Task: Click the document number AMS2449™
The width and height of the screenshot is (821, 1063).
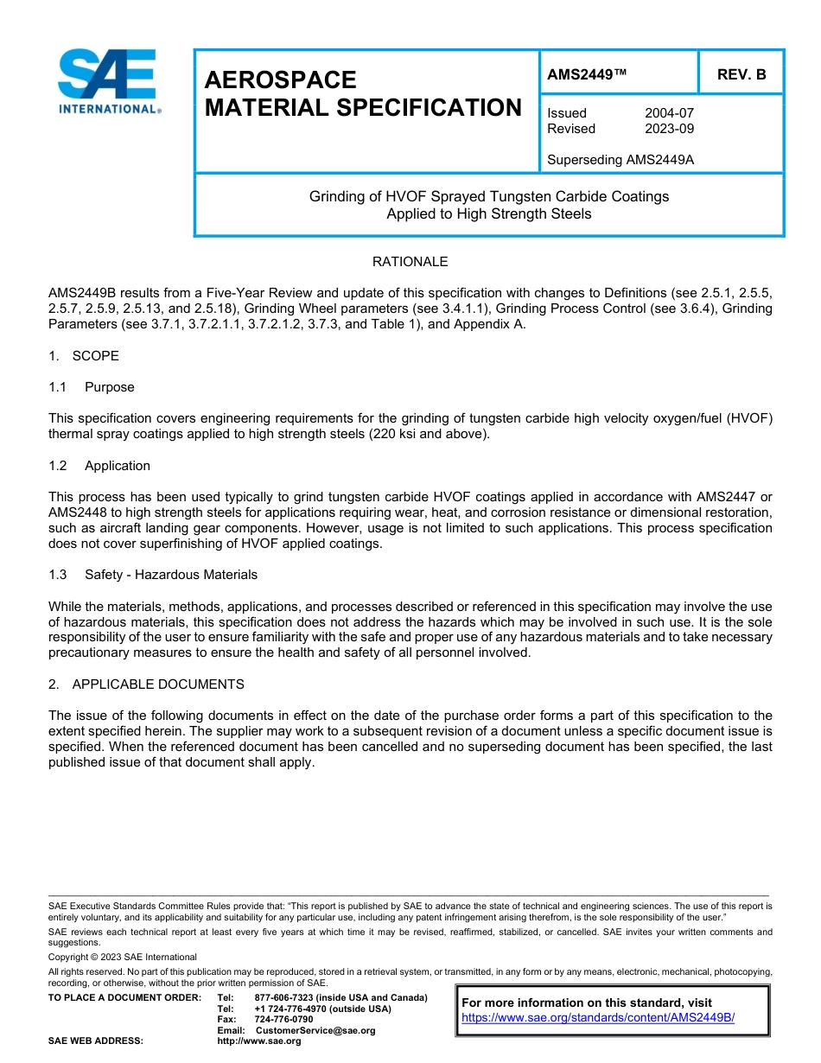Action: coord(586,75)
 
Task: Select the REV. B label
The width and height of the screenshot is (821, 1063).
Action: coord(741,75)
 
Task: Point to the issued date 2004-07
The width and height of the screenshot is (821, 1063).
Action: coord(669,113)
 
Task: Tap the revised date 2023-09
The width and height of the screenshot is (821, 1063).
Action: coord(669,129)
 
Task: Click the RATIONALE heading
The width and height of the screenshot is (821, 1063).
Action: coord(410,262)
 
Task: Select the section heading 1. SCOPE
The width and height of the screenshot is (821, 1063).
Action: coord(84,356)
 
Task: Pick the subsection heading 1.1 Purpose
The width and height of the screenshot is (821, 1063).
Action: coord(92,387)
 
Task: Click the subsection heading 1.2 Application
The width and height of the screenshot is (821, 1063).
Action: coord(99,466)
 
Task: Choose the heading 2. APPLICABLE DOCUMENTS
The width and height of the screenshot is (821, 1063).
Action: coord(146,684)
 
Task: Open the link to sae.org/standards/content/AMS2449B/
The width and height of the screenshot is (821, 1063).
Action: coord(598,1018)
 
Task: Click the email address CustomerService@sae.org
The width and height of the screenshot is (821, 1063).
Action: coord(315,1030)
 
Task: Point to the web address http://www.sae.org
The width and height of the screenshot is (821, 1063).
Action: coord(259,1041)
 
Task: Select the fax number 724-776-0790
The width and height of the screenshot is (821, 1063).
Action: coord(283,1020)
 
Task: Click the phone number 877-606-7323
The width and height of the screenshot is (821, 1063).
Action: coord(285,997)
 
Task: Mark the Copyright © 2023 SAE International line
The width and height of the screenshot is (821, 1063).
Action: coord(123,958)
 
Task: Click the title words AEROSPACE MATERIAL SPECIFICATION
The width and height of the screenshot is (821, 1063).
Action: coord(363,93)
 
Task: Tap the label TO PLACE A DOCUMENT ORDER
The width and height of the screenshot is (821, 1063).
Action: coord(124,997)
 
